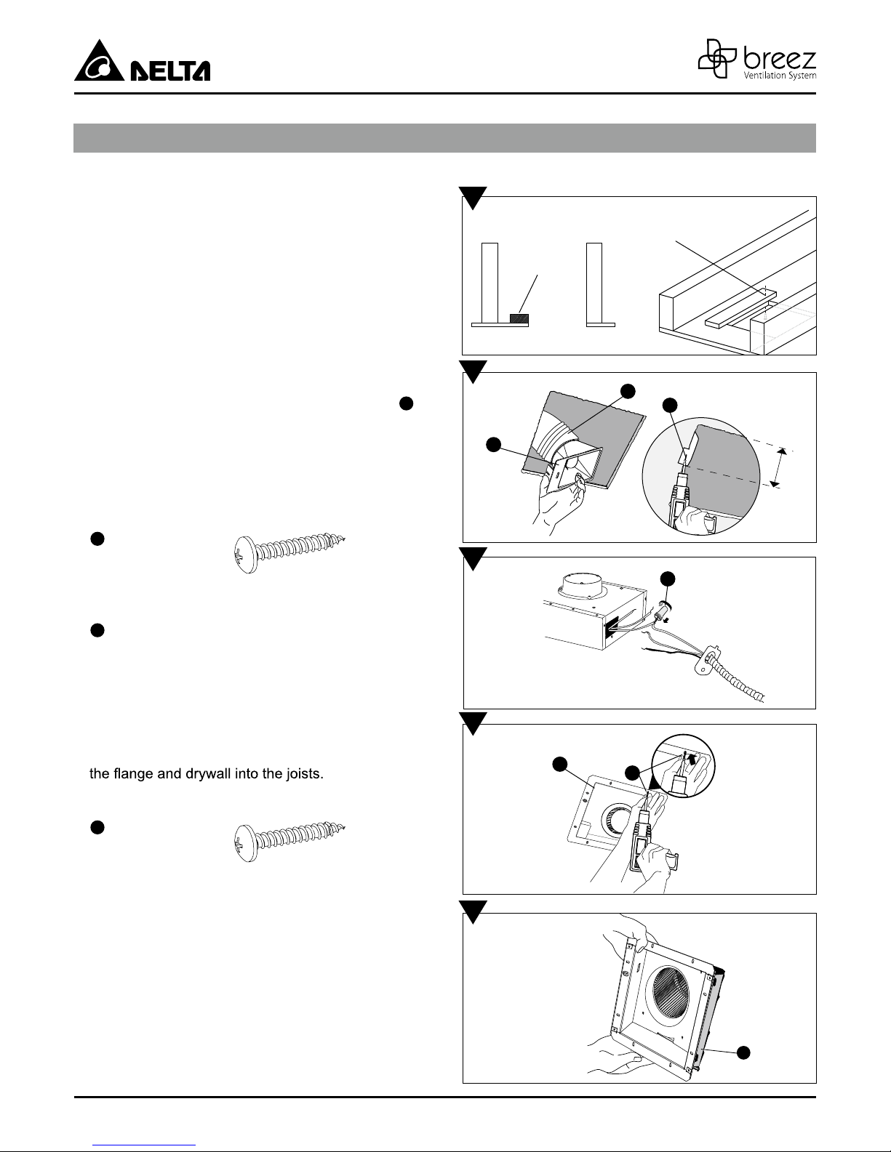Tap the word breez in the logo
coord(780,58)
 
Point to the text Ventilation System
coord(780,76)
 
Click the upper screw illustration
coord(289,552)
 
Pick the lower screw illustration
coord(289,842)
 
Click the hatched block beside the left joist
coord(519,318)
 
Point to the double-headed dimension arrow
coord(778,467)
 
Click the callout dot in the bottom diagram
coord(743,1052)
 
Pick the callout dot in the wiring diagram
coord(668,579)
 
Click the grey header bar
coord(444,138)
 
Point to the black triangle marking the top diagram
coord(473,198)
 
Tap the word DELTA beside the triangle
coord(170,71)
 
